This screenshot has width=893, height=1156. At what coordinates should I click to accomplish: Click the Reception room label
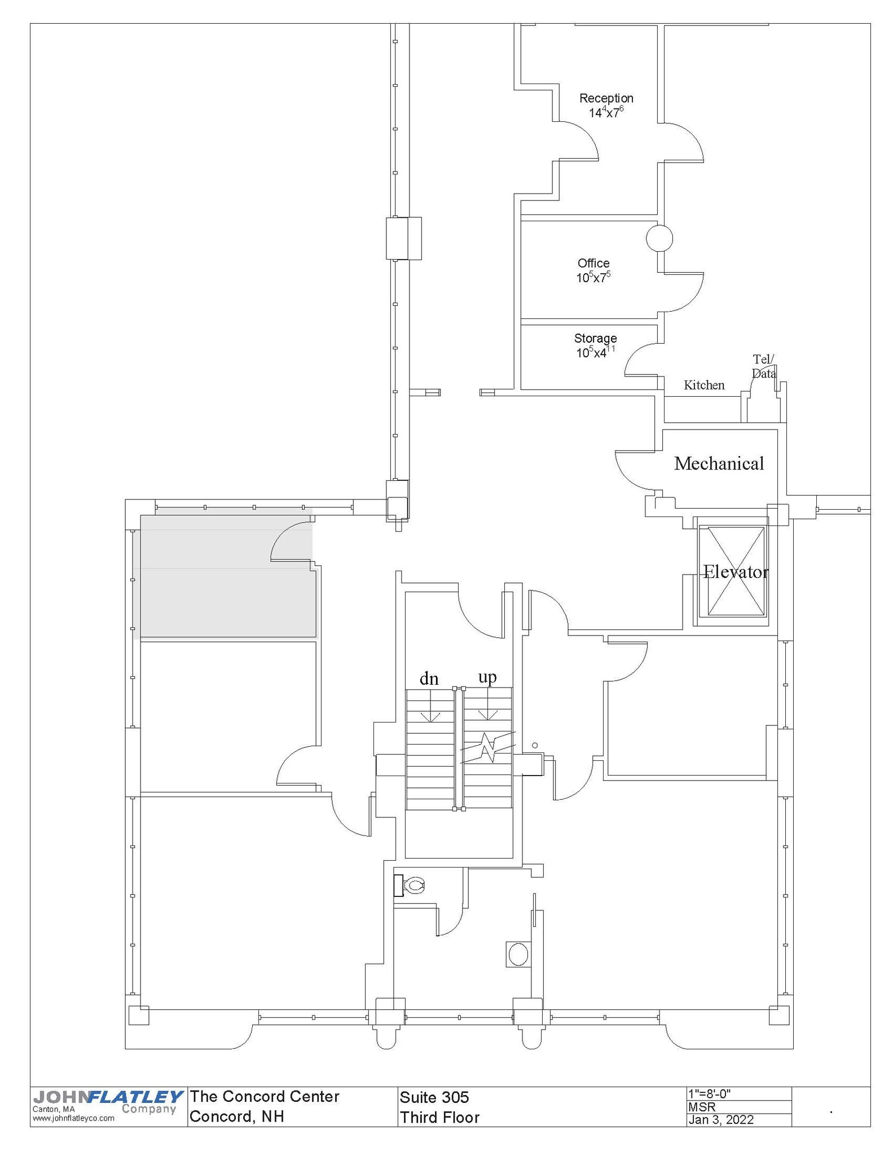(606, 99)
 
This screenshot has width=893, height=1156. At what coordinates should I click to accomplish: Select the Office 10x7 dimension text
(593, 278)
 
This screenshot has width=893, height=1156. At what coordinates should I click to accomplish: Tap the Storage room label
(595, 338)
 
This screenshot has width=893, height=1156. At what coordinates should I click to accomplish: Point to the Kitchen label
(703, 385)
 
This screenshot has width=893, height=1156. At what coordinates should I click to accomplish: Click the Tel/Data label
(763, 366)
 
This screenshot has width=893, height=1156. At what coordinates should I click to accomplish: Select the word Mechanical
(718, 463)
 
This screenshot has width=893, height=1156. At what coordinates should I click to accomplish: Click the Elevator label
(735, 572)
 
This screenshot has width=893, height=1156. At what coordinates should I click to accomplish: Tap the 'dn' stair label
(429, 678)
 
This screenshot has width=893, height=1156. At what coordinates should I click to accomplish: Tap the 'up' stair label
(487, 676)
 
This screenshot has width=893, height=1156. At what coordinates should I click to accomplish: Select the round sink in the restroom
(517, 954)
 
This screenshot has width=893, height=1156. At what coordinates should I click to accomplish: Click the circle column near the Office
(658, 238)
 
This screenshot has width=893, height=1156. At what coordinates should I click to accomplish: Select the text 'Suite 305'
(434, 1097)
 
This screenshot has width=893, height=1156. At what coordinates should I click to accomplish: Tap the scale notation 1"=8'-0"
(709, 1092)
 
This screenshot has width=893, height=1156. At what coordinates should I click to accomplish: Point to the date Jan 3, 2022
(720, 1119)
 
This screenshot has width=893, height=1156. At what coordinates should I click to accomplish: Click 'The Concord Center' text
(264, 1096)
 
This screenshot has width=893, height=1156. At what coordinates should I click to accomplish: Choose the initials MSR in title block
(701, 1106)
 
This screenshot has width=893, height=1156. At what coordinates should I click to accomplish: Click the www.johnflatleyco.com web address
(73, 1118)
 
